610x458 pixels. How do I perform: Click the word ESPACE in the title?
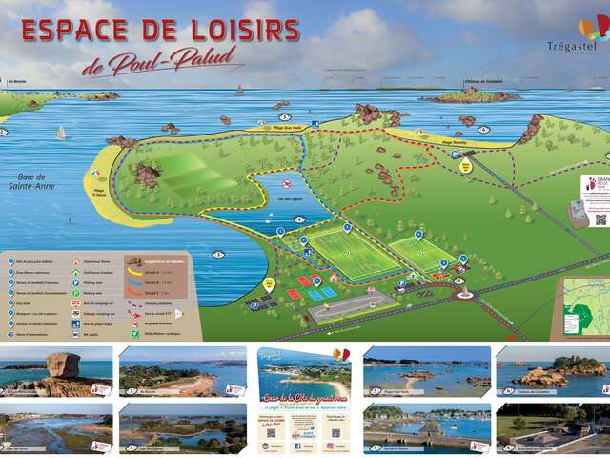(x=79, y=31)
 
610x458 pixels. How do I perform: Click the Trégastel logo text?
(x=571, y=46)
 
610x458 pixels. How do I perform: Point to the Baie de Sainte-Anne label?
(x=35, y=181)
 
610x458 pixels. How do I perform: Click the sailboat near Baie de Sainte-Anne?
(x=60, y=133)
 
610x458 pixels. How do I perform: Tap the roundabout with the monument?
(x=463, y=292)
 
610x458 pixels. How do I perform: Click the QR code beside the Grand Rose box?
(x=600, y=219)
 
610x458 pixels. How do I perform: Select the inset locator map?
(x=583, y=304)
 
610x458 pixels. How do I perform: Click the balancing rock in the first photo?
(x=64, y=364)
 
